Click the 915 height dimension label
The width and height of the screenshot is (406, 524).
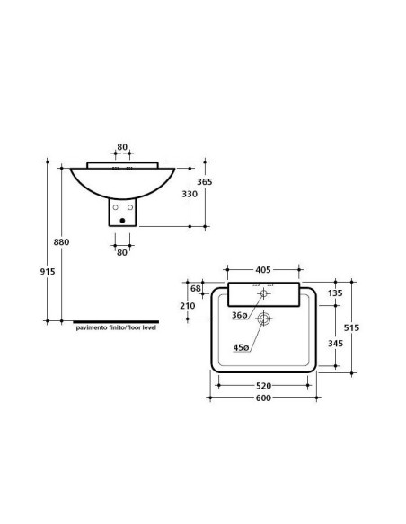[x=48, y=272]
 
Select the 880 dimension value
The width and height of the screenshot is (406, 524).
[x=62, y=241]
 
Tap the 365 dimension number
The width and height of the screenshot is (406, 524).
[x=204, y=182]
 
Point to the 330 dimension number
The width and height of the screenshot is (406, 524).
[x=190, y=194]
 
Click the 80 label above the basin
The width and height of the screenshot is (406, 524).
[x=122, y=147]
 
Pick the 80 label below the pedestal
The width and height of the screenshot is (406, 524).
[x=122, y=253]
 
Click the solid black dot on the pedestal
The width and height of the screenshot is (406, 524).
[x=122, y=221]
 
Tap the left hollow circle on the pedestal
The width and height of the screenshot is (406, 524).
[x=115, y=207]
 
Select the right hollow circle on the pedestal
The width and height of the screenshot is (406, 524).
[x=130, y=207]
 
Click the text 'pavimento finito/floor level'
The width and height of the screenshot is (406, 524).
[x=116, y=327]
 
